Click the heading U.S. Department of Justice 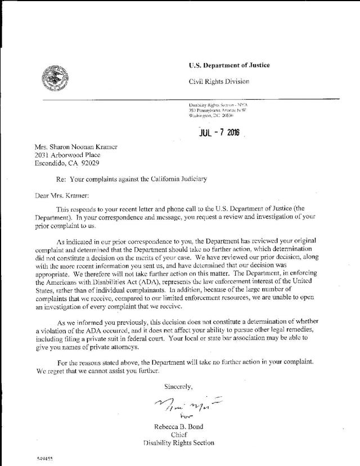coord(229,66)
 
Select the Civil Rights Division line coord(219,82)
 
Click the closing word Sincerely coord(178,387)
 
